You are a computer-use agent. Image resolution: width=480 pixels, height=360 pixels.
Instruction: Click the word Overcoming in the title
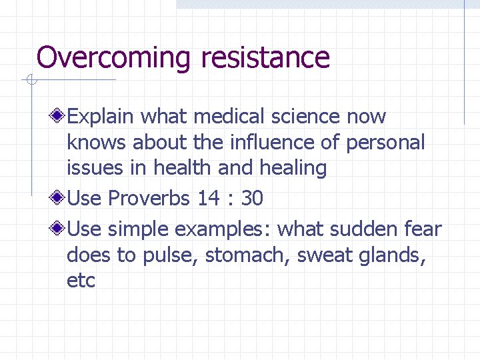pyautogui.click(x=114, y=58)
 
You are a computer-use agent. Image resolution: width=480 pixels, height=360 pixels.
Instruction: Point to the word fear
pyautogui.click(x=423, y=229)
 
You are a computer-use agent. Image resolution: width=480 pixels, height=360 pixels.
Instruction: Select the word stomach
pyautogui.click(x=246, y=255)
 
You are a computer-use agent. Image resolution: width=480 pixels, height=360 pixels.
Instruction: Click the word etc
pyautogui.click(x=81, y=281)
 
